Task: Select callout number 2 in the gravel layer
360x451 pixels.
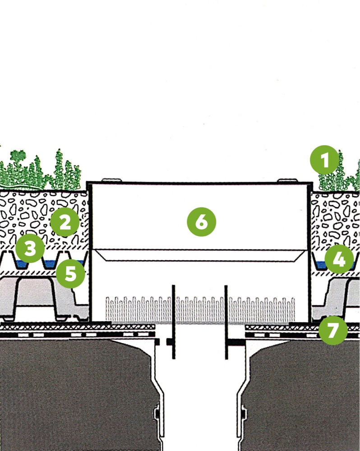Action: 64,222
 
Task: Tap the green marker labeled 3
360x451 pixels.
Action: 29,249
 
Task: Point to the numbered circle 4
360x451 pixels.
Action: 339,259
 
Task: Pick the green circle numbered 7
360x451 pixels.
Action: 333,330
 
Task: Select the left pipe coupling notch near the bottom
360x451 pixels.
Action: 156,413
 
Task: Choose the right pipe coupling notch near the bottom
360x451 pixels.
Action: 244,413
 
